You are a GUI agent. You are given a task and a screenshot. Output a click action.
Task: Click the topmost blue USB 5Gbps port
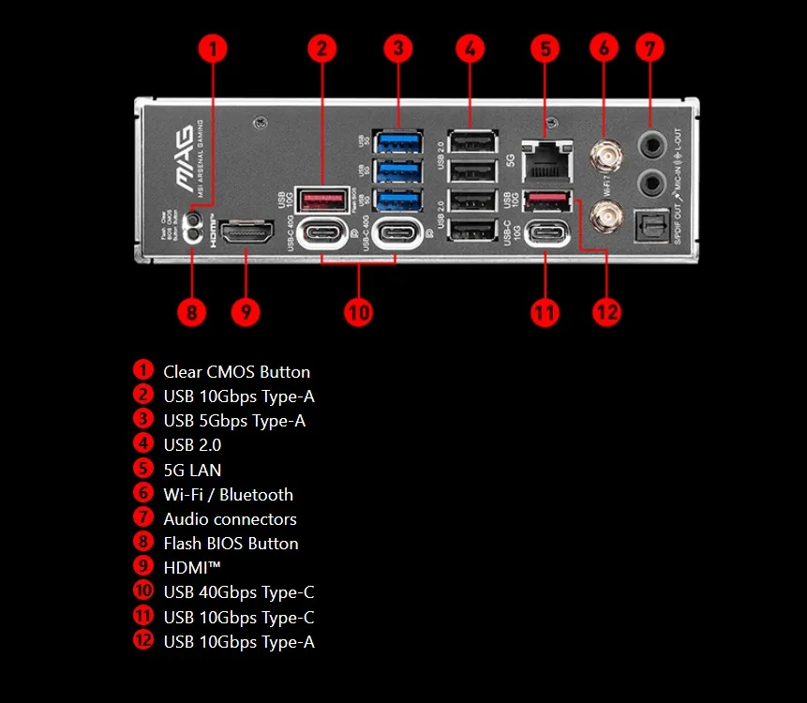pyautogui.click(x=396, y=143)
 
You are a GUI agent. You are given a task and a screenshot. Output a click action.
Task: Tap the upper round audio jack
pyautogui.click(x=651, y=143)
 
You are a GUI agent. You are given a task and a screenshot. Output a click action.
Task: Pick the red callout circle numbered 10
pyautogui.click(x=358, y=311)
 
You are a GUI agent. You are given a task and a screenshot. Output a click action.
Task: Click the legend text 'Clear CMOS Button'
pyautogui.click(x=236, y=372)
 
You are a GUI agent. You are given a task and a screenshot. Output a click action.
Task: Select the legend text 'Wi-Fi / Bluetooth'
pyautogui.click(x=228, y=494)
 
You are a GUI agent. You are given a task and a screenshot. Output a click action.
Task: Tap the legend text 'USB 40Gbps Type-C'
pyautogui.click(x=239, y=592)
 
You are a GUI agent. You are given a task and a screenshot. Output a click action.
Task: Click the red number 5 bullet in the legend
pyautogui.click(x=143, y=469)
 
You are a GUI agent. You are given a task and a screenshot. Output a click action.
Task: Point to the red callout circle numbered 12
pyautogui.click(x=606, y=311)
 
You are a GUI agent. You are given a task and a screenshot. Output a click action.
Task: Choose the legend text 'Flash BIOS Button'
pyautogui.click(x=231, y=544)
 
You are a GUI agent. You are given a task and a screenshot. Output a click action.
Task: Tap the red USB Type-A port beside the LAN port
pyautogui.click(x=546, y=200)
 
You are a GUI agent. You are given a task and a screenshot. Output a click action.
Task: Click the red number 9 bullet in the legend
pyautogui.click(x=143, y=566)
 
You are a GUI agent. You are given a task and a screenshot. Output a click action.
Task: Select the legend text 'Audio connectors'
pyautogui.click(x=230, y=519)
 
